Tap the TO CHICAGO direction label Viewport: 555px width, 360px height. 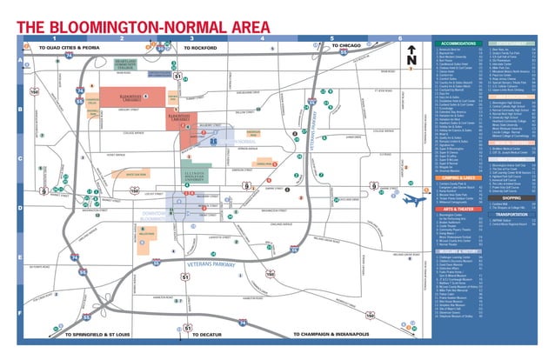pos(344,46)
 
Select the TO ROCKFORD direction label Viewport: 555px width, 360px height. pos(201,47)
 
